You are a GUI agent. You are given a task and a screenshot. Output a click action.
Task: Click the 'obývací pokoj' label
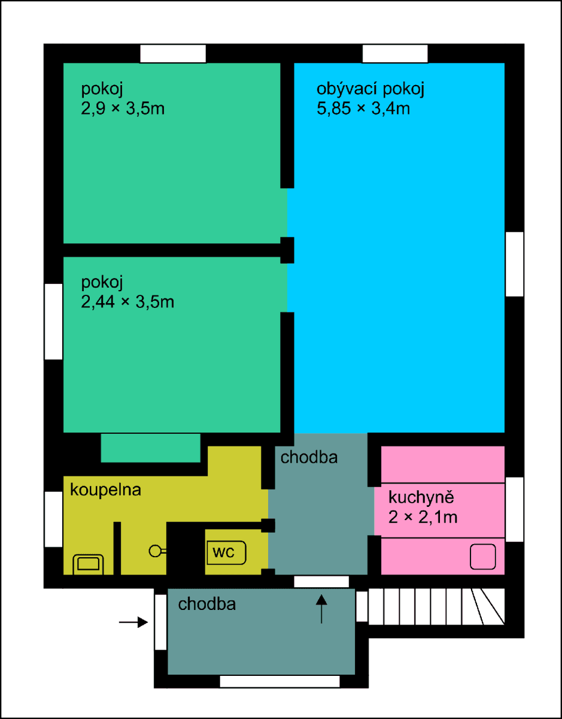[370, 90]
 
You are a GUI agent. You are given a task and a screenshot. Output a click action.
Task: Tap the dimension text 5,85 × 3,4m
[363, 109]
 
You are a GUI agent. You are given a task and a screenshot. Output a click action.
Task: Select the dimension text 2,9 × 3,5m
[123, 109]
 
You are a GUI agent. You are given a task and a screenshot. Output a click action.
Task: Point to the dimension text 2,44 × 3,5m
[127, 301]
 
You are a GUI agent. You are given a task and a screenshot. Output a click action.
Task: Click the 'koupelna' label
[105, 490]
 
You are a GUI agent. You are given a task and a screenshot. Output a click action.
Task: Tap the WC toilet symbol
[227, 552]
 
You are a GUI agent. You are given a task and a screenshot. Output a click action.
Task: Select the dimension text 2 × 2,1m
[423, 516]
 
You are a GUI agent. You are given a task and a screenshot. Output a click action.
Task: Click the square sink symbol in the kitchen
[482, 557]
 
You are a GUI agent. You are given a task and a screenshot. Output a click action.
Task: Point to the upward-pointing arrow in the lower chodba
[322, 609]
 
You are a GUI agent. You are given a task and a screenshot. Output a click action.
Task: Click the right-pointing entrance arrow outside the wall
[133, 623]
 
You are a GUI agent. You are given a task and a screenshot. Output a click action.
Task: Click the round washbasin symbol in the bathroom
[156, 550]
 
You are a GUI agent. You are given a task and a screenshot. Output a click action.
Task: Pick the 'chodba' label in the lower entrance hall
[206, 604]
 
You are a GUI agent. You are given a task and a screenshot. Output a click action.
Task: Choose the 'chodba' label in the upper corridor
[309, 458]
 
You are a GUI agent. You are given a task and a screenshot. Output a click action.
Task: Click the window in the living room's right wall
[514, 264]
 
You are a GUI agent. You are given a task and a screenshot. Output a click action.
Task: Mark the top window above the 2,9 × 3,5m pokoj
[172, 54]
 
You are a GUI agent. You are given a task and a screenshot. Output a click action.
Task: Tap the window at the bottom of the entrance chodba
[280, 681]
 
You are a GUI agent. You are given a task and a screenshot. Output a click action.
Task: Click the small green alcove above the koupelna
[150, 448]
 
